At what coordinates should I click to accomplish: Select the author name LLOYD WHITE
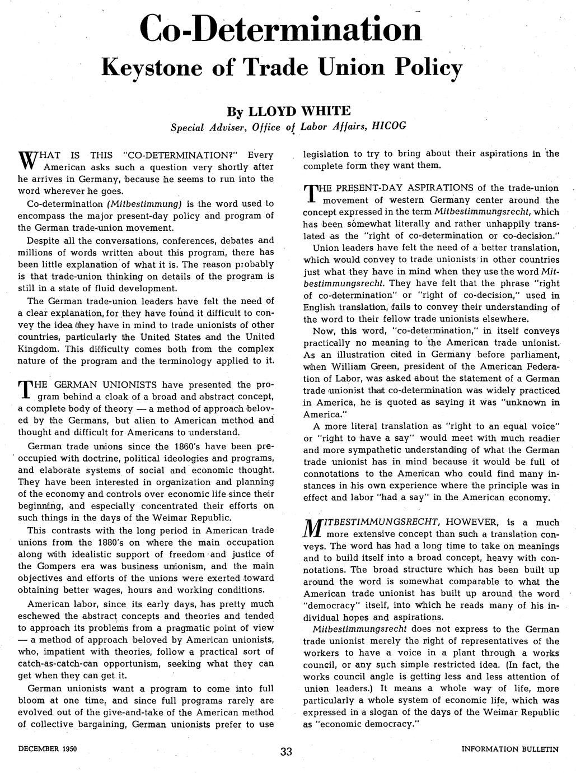point(299,110)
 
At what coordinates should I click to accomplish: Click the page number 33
point(287,751)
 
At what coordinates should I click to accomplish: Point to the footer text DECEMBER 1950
point(47,748)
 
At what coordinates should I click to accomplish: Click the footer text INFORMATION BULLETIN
point(510,749)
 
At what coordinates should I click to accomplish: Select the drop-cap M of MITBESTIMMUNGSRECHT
point(311,528)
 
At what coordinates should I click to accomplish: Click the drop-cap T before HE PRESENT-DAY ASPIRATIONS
point(310,194)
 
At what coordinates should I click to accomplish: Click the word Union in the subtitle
point(346,68)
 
